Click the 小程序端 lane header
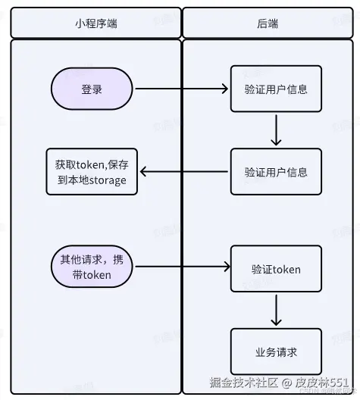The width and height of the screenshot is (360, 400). (95, 23)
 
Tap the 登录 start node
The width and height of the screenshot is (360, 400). (92, 89)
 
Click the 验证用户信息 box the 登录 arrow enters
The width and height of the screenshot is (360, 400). (276, 89)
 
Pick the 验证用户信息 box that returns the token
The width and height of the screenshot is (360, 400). (276, 172)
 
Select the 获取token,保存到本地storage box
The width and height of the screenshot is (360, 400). (90, 172)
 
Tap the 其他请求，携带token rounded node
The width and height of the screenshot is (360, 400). (92, 267)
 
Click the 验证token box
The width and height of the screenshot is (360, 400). (276, 269)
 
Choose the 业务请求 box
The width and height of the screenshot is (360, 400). (276, 352)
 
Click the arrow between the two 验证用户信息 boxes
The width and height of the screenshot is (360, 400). (276, 130)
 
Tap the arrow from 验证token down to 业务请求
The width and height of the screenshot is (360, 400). (276, 311)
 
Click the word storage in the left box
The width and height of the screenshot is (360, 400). (105, 180)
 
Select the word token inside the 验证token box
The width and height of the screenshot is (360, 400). (286, 269)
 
